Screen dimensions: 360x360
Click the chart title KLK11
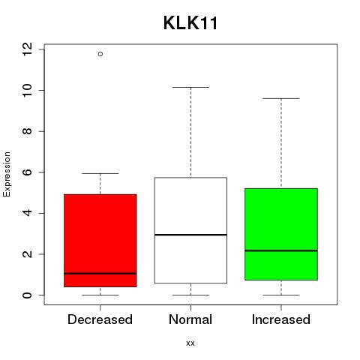(x=190, y=23)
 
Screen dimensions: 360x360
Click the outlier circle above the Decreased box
(x=100, y=54)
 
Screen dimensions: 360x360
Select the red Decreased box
(x=100, y=241)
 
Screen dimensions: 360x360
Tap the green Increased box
(x=281, y=234)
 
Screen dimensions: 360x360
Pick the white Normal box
(x=190, y=230)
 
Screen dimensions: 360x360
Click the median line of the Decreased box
(x=100, y=274)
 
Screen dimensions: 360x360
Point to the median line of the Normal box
(x=190, y=235)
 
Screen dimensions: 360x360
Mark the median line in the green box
(x=281, y=250)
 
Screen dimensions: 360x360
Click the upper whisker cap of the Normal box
(x=190, y=87)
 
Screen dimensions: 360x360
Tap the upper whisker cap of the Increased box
(x=281, y=98)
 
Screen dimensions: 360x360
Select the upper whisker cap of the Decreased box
(x=100, y=173)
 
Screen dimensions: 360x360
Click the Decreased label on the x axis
(x=100, y=319)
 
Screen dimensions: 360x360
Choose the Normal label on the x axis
(x=190, y=319)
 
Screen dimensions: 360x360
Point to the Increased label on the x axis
(x=281, y=319)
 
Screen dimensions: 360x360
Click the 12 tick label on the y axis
(x=27, y=49)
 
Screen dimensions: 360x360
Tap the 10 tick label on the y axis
(x=27, y=90)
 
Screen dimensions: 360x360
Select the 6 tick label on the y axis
(x=27, y=172)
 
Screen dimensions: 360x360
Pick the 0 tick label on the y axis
(x=27, y=295)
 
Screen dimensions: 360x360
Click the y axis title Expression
(x=7, y=174)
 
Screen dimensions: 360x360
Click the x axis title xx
(x=190, y=343)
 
